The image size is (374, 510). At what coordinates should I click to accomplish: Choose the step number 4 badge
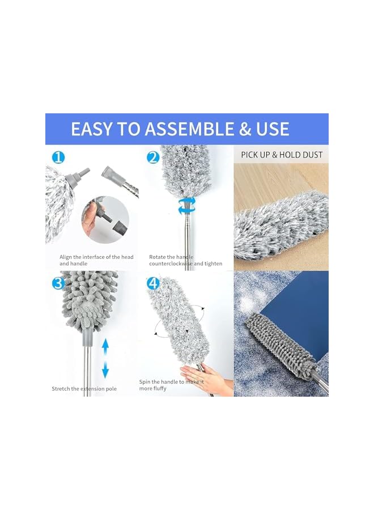tap(152, 283)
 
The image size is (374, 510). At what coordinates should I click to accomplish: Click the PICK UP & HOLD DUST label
tap(282, 155)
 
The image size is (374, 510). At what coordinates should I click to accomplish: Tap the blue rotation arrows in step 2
tap(186, 206)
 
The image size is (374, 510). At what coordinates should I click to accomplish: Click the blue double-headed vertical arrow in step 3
tap(105, 358)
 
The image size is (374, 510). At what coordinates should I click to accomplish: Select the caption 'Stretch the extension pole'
tap(84, 389)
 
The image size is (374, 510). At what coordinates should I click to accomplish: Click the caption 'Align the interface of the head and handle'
tap(96, 260)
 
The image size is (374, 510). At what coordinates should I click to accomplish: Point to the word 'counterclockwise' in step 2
tap(176, 263)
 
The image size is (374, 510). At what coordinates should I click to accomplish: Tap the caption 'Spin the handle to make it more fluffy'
tap(172, 385)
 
